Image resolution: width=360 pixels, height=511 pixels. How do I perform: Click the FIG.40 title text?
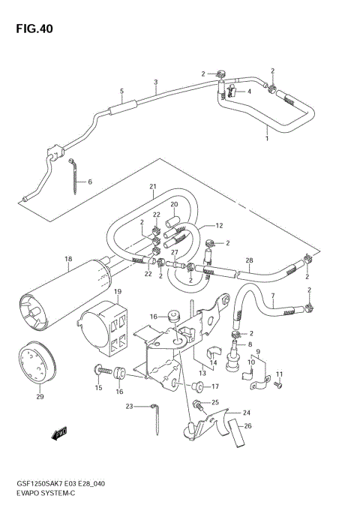[31, 29]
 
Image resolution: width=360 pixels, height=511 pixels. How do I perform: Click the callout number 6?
[89, 182]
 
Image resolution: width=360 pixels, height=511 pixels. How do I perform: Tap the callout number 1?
[266, 138]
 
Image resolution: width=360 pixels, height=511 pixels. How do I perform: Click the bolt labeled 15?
[100, 370]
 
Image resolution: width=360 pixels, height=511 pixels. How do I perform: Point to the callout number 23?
[129, 406]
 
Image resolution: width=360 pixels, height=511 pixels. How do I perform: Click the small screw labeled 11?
[277, 386]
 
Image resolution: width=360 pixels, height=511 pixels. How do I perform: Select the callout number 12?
[220, 226]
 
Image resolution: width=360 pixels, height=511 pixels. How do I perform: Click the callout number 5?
[121, 91]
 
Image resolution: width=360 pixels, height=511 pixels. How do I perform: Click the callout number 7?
[273, 295]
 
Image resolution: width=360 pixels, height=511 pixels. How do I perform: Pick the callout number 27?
[174, 254]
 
